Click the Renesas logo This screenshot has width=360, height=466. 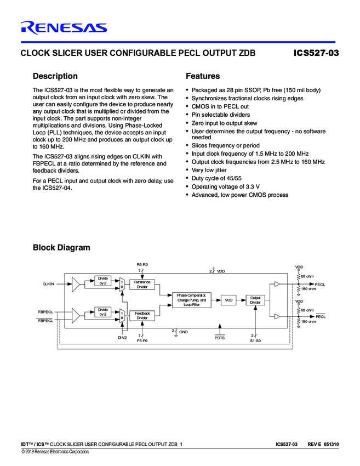64,27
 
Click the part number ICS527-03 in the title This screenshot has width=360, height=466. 316,53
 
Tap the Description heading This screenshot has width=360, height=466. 55,76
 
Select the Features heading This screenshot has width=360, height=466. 203,76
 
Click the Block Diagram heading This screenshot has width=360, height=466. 61,247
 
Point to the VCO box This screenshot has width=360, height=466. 228,300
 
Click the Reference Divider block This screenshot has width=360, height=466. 142,284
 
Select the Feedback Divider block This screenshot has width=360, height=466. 142,315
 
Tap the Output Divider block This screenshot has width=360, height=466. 255,300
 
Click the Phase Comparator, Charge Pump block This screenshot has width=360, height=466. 191,300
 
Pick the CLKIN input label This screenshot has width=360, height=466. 48,283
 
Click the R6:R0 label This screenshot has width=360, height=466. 142,265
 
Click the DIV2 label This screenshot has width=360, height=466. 122,338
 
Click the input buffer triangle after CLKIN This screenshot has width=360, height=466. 76,284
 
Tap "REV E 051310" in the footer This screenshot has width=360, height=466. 323,444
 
